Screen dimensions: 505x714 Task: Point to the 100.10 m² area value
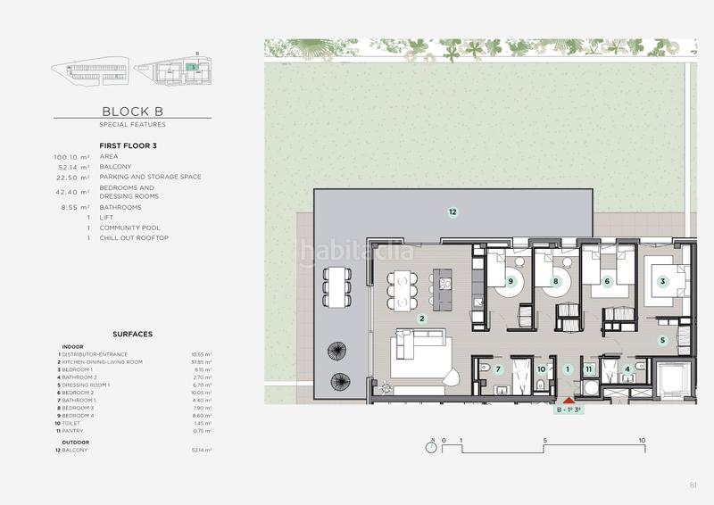[71, 156]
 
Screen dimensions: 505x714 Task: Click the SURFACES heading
[132, 334]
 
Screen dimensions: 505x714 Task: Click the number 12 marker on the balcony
[452, 211]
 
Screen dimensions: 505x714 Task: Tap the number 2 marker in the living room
[422, 318]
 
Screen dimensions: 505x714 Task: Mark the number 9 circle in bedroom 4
[511, 281]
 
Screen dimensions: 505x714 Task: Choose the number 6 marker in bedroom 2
[607, 281]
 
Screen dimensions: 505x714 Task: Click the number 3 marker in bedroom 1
[662, 281]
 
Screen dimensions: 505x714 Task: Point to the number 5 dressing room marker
[662, 340]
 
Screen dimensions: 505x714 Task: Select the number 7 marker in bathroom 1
[499, 368]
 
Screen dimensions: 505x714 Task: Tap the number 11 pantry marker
[588, 368]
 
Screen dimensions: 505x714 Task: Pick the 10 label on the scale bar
[642, 441]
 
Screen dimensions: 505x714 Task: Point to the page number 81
[693, 485]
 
